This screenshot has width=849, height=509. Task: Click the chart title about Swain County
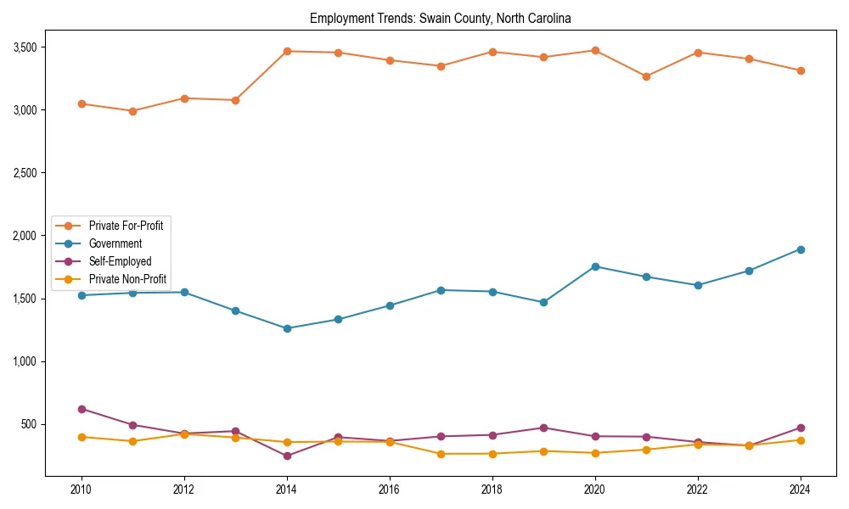440,18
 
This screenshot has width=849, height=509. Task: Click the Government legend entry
115,243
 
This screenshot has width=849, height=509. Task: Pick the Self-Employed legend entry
120,261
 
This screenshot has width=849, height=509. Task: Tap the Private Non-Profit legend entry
127,279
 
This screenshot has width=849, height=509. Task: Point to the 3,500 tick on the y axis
24,48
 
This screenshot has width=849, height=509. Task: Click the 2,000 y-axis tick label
24,236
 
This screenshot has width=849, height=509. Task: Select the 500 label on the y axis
29,424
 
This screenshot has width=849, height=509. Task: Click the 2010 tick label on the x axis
82,489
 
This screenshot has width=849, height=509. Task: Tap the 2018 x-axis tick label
492,489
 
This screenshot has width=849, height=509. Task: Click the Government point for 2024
801,249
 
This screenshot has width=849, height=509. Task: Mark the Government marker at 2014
287,328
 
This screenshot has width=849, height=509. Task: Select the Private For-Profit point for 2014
287,51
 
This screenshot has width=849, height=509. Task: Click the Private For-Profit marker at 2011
133,111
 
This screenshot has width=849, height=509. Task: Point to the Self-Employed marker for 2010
82,409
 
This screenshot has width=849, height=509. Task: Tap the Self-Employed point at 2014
287,456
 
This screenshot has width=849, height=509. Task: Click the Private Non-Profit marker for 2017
441,454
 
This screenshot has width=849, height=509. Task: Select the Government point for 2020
595,266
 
